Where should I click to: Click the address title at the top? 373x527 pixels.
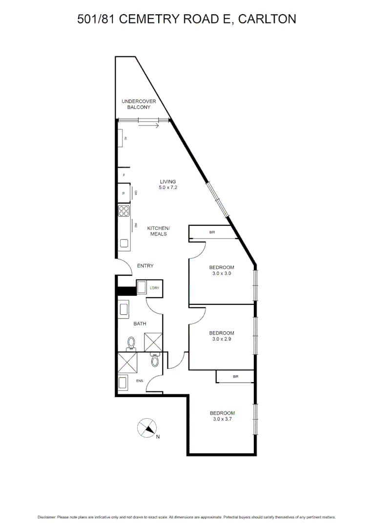coord(186,19)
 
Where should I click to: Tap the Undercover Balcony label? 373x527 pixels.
coord(139,104)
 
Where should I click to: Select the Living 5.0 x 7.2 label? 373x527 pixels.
coord(167,184)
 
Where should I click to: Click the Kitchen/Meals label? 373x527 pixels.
coord(159,231)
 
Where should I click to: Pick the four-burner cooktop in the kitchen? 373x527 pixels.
coord(124,211)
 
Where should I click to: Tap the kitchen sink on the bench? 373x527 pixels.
coord(124,243)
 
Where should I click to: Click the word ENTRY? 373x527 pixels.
coord(145,266)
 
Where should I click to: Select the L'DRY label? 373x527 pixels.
coord(154,288)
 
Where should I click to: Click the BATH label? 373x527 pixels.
coord(140,324)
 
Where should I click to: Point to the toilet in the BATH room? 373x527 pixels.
coord(131,344)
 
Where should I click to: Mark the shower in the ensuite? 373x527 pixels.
coord(127,364)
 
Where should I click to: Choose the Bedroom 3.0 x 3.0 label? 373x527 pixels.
coord(222,270)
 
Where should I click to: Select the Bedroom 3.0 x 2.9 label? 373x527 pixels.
coord(222,336)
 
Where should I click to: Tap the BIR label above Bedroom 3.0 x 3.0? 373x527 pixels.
coord(212,233)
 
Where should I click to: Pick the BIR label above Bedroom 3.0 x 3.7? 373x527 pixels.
coord(235,377)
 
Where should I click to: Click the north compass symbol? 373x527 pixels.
coord(147,428)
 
